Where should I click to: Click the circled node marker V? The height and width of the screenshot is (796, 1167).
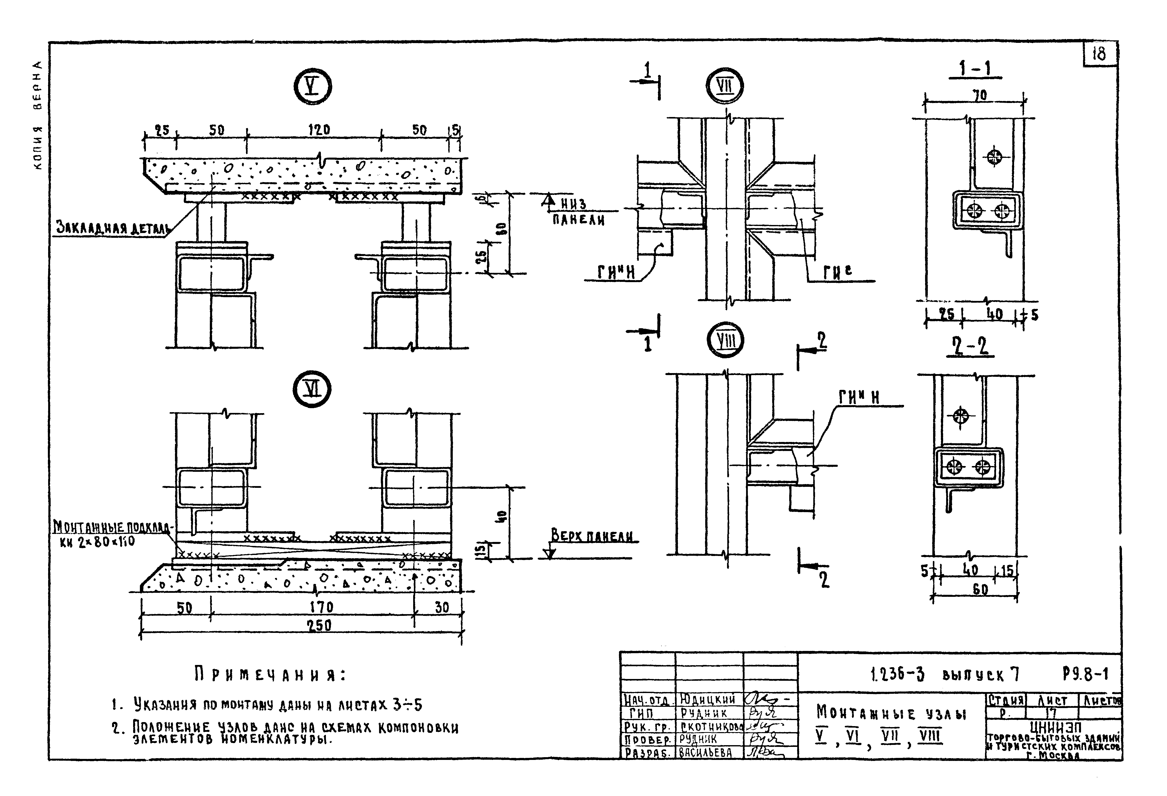(312, 86)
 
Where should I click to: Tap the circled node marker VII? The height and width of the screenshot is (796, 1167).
(724, 86)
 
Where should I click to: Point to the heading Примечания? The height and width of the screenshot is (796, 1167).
(270, 675)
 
